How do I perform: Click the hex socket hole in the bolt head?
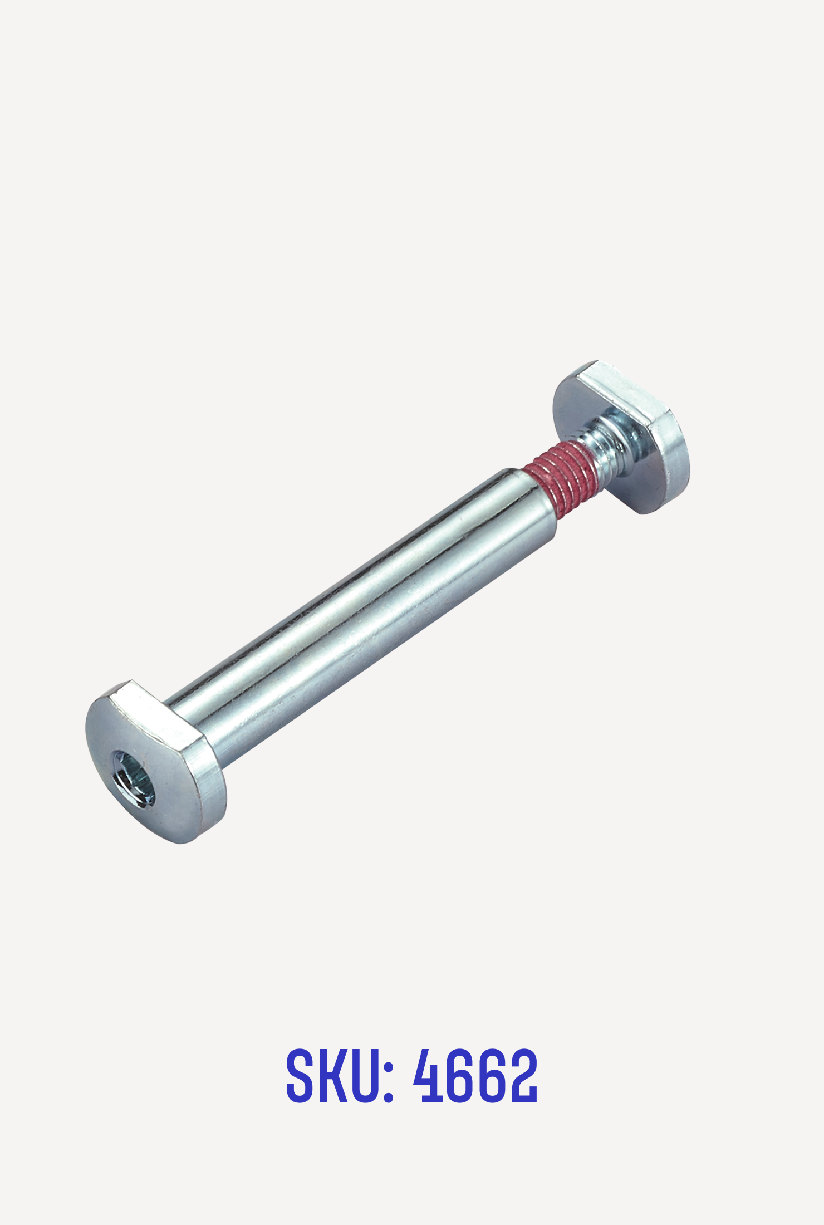pyautogui.click(x=134, y=778)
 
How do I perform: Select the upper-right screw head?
pyautogui.click(x=621, y=437)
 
